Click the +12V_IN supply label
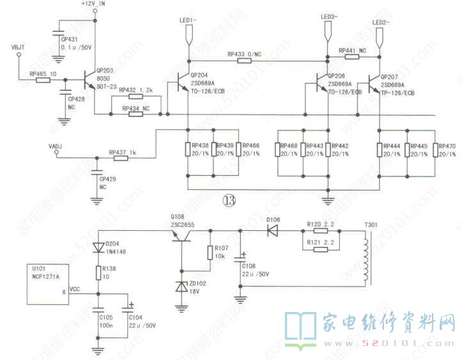click(x=93, y=4)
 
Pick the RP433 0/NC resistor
click(x=245, y=61)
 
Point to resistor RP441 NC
click(x=352, y=57)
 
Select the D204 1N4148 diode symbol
click(x=96, y=247)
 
